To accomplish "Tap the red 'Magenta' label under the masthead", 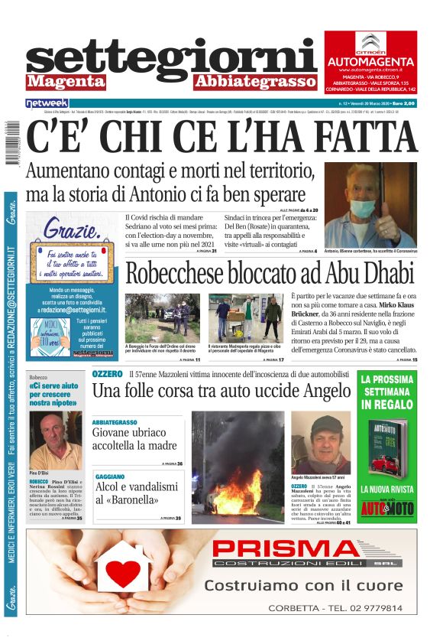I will (65, 80).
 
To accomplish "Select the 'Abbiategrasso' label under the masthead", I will (254, 80).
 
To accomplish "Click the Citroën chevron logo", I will (370, 43).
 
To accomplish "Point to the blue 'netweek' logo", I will (47, 102).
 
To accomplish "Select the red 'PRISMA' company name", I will (295, 550).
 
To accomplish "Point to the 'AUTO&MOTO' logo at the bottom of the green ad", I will (387, 506).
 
